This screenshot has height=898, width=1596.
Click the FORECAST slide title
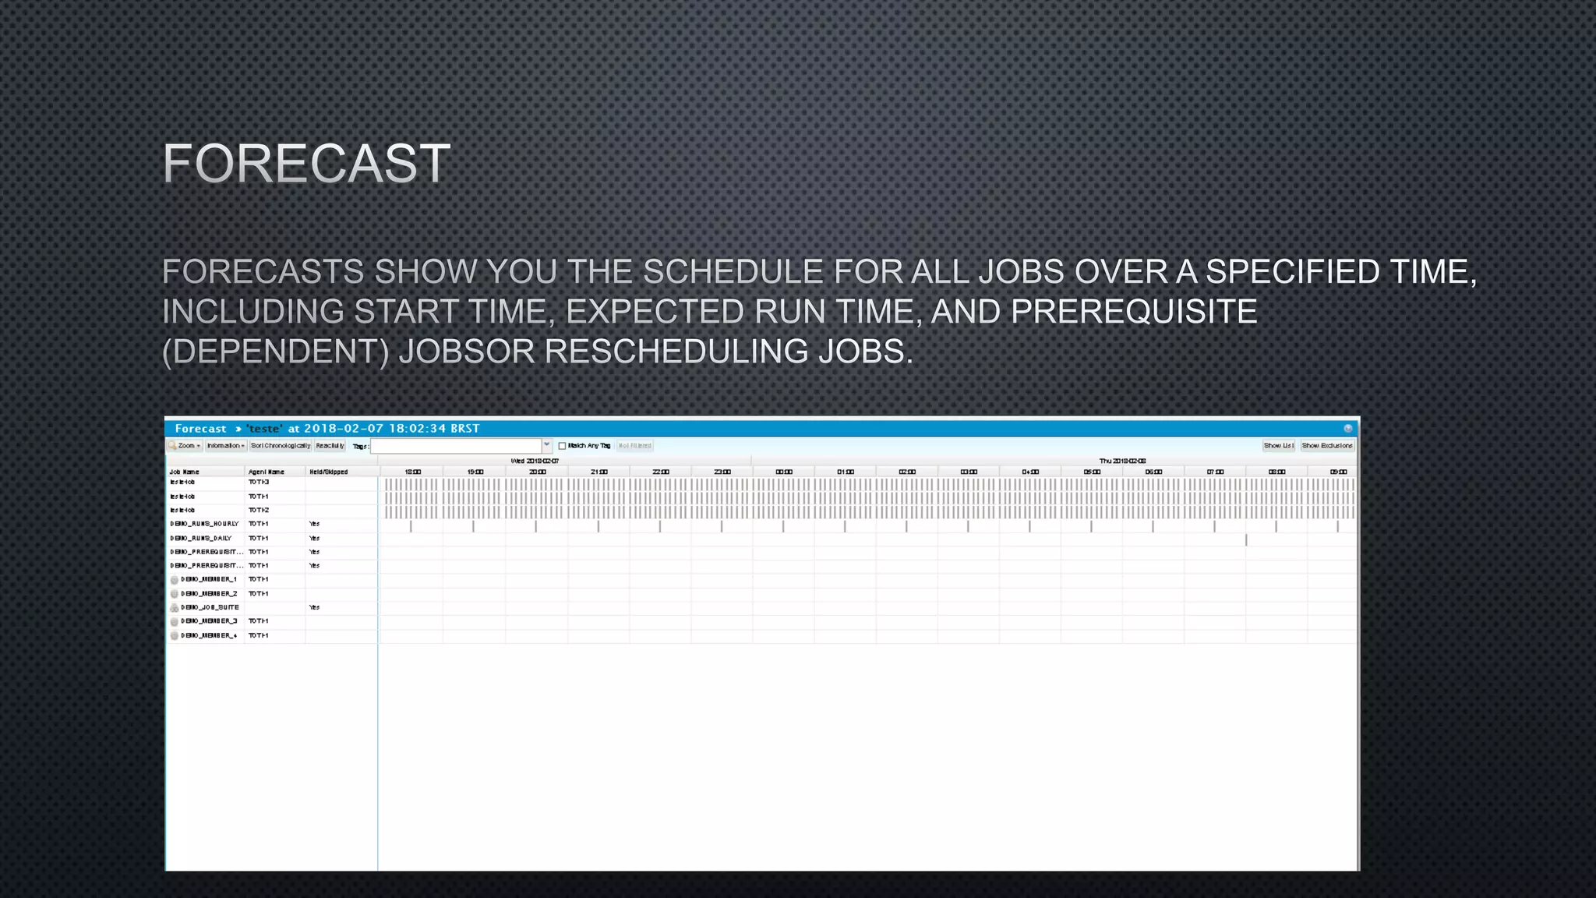coord(306,164)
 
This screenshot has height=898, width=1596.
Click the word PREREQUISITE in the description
coord(1134,312)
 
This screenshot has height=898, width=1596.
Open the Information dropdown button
coord(225,446)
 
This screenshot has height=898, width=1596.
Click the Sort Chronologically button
coord(281,446)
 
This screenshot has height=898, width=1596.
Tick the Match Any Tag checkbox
coord(562,446)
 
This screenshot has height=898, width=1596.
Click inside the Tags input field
coord(456,446)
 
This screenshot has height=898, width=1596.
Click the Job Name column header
coord(185,472)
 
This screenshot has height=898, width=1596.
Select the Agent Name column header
coord(266,472)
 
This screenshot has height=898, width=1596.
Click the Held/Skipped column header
coord(328,472)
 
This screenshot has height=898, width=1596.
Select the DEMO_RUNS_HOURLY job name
coord(204,524)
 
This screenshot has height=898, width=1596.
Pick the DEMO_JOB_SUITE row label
coord(210,607)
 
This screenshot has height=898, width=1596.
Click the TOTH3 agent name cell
coord(259,483)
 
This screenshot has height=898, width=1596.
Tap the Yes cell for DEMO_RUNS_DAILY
coord(314,538)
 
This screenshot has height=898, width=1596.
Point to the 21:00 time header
coord(598,472)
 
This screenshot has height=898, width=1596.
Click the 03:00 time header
coord(968,472)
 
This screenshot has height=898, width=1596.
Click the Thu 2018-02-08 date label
coord(1122,461)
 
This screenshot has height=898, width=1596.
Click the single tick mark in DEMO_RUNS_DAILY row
coord(1246,539)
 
